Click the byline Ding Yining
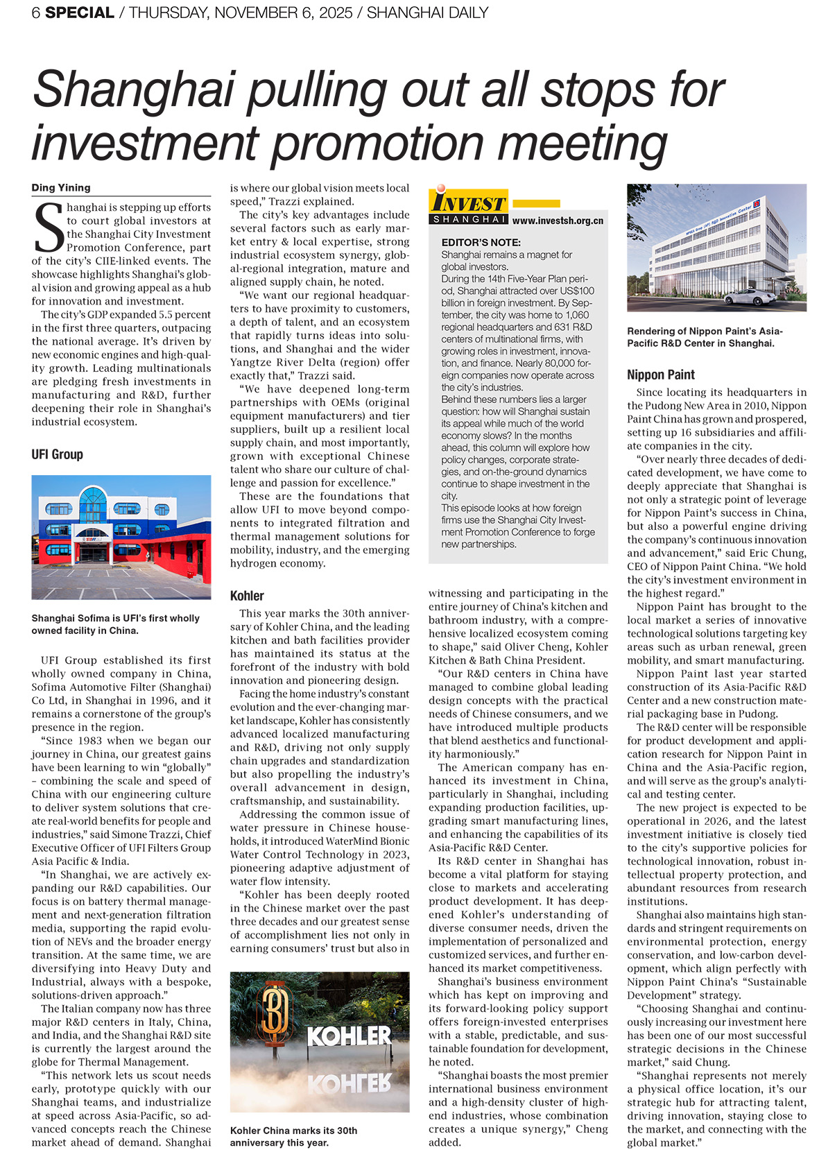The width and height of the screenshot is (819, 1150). pos(61,187)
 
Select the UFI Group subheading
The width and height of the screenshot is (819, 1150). pos(57,454)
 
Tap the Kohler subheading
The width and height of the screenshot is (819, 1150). pos(247,595)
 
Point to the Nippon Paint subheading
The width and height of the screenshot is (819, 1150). pos(660,375)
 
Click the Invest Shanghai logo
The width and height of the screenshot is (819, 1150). pos(469,207)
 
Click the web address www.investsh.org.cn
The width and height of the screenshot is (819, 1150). pos(558,221)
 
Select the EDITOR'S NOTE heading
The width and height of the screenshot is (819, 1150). pos(481,242)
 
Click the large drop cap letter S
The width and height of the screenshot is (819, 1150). pos(49,228)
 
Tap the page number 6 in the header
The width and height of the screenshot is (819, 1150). pos(35,12)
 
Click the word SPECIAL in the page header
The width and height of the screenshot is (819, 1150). pos(80,12)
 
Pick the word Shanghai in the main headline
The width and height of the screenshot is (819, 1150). pos(133,90)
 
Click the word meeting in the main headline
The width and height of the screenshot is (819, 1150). pos(583,143)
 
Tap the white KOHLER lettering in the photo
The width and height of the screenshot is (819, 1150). pos(350,1036)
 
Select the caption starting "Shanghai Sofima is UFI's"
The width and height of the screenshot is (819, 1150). pos(115,624)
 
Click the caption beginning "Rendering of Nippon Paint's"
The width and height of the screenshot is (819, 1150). pos(705,337)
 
